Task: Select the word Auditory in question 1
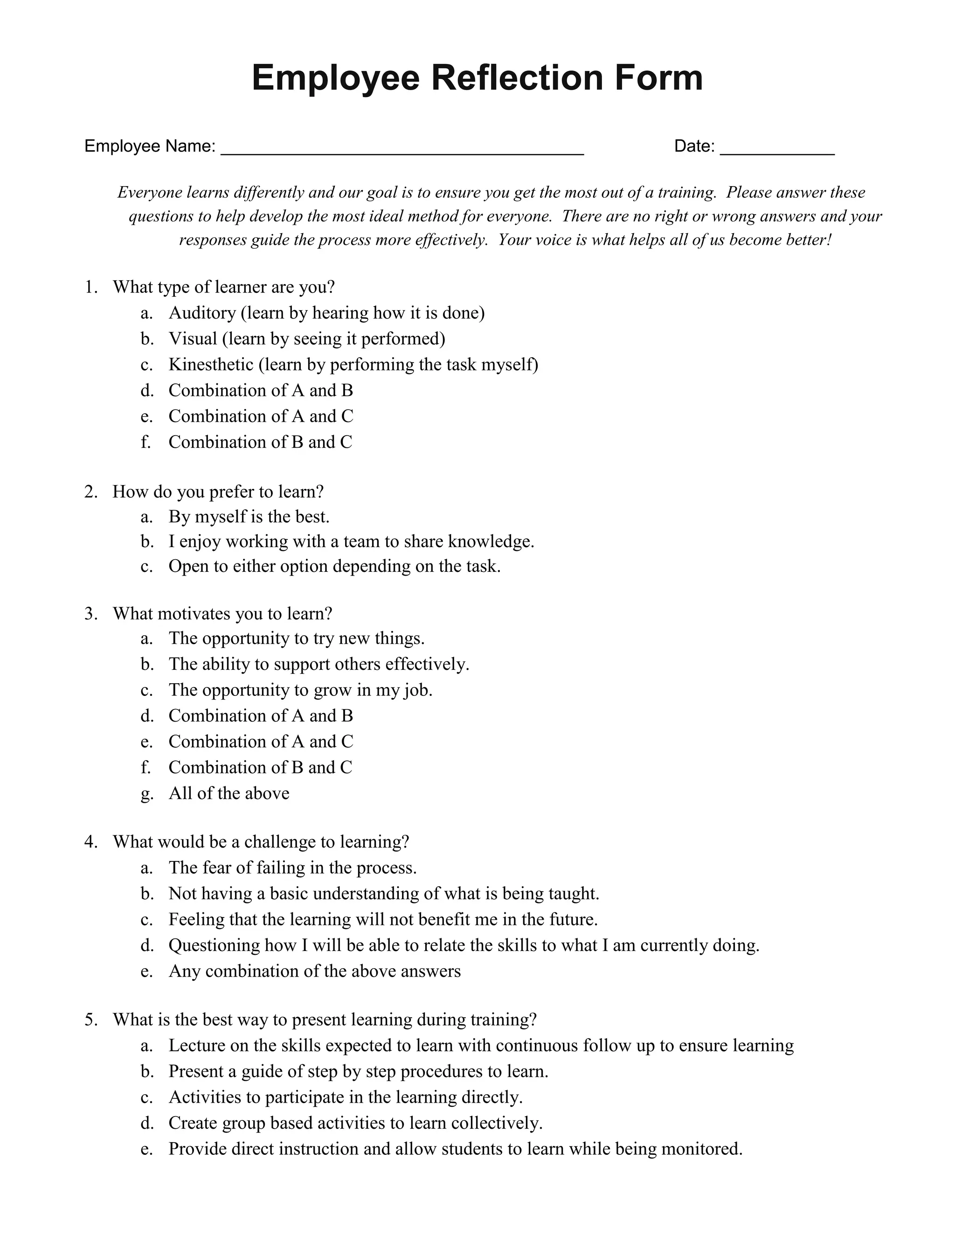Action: point(202,313)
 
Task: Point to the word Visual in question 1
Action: point(193,339)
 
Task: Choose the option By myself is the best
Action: point(249,517)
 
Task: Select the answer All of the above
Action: point(228,793)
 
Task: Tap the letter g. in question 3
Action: point(146,794)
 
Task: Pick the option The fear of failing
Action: point(292,868)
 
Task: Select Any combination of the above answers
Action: point(315,971)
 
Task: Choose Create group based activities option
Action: point(355,1123)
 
